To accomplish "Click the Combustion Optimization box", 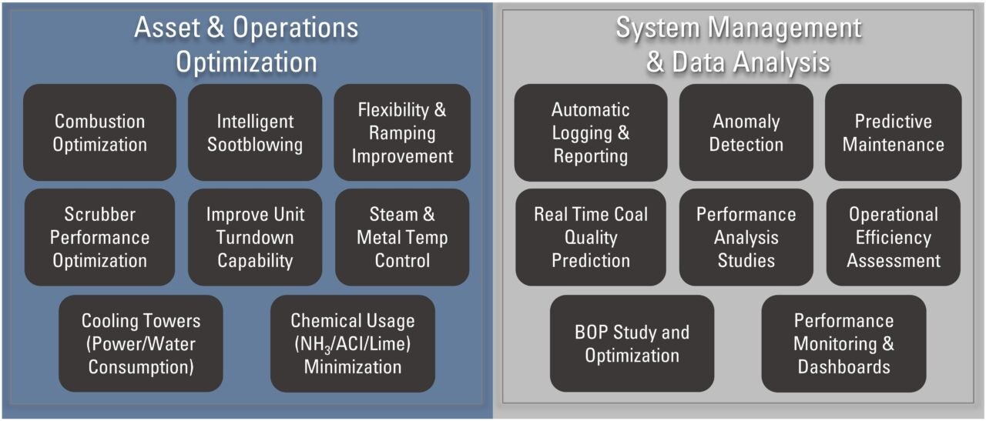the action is [100, 132].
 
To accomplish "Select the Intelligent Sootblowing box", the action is [255, 132].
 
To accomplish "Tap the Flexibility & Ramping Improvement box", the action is [402, 132].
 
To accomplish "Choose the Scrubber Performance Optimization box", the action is [100, 237].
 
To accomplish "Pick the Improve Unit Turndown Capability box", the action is [255, 237].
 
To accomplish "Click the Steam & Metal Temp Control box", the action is [402, 237].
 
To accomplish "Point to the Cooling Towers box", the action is [141, 343].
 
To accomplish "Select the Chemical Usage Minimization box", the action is [353, 343].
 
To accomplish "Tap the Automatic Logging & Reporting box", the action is [591, 132].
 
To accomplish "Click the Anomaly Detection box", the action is [746, 132].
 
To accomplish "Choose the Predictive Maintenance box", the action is [893, 132].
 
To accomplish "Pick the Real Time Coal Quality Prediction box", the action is [591, 237].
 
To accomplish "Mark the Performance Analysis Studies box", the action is [746, 237].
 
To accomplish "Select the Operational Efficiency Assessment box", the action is [894, 237].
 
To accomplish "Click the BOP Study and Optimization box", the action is [632, 343].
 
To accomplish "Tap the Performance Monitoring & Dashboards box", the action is [843, 343].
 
